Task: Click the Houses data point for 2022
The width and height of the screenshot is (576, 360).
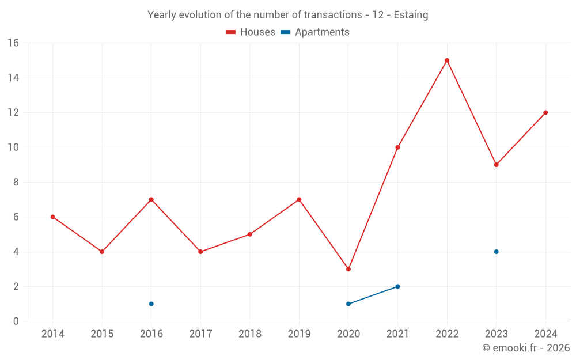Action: click(x=447, y=60)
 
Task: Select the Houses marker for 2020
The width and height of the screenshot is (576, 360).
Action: click(x=348, y=269)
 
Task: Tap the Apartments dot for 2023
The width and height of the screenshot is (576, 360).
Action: click(x=496, y=252)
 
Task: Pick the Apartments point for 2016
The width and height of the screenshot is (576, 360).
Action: click(x=151, y=304)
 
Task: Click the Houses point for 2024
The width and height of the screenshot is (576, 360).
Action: click(x=545, y=112)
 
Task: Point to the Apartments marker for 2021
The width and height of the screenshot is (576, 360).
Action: click(x=397, y=286)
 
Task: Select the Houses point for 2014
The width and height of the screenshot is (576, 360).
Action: click(x=52, y=217)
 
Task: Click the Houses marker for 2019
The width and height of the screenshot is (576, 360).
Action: click(x=299, y=199)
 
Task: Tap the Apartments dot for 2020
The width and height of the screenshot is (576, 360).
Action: click(x=348, y=304)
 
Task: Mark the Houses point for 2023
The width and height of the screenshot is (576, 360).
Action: click(x=496, y=165)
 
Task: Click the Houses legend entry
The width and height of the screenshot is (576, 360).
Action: click(x=251, y=32)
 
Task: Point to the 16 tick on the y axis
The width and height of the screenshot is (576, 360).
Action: click(x=13, y=43)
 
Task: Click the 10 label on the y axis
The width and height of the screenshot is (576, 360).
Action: click(x=13, y=147)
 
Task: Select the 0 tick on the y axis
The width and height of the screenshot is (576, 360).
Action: click(x=16, y=321)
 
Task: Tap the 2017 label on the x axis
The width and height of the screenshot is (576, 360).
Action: click(x=200, y=334)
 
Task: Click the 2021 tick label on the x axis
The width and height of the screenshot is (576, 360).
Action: click(x=397, y=334)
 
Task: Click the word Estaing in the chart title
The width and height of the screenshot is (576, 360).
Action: click(x=411, y=15)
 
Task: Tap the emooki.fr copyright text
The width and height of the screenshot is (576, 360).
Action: click(x=526, y=348)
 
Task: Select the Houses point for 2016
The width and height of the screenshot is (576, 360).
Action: click(x=151, y=199)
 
